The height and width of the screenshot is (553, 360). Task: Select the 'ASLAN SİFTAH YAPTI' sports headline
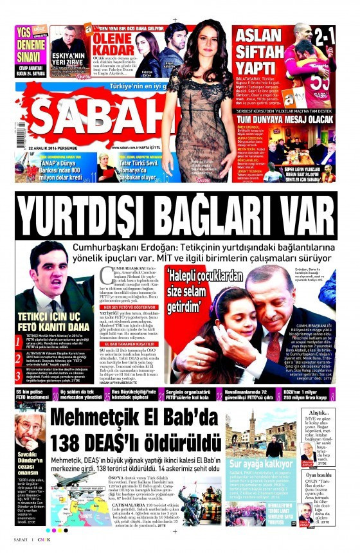[x=260, y=51]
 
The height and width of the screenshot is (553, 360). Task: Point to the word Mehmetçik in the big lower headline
[x=96, y=419]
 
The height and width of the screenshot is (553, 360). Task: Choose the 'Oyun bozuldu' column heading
[x=319, y=475]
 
